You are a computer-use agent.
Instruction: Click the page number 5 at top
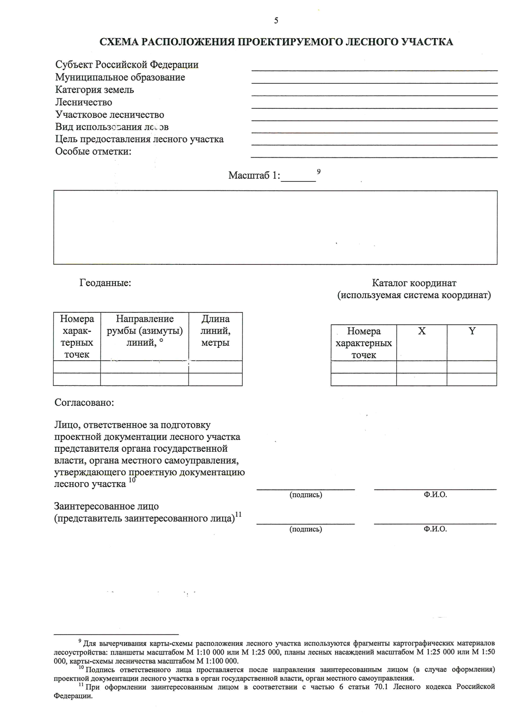276,21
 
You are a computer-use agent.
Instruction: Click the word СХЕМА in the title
118,42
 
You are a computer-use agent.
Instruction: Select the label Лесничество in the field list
83,102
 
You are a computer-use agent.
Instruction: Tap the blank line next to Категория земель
374,95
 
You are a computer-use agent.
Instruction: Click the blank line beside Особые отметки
374,157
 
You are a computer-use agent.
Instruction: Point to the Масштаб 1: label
254,175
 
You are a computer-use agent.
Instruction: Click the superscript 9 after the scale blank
318,172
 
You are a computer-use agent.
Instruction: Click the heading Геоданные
105,283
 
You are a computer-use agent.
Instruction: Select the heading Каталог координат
414,283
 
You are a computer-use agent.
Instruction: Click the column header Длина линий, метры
215,330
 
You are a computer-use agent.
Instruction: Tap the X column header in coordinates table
422,331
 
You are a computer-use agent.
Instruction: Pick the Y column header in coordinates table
472,331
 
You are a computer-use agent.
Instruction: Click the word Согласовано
84,403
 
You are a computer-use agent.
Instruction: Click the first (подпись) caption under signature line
306,495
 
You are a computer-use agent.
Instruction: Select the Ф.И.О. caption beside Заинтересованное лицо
435,529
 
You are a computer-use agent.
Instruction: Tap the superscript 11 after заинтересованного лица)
239,515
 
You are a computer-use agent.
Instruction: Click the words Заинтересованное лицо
106,506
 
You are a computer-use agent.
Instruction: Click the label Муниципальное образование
120,77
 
